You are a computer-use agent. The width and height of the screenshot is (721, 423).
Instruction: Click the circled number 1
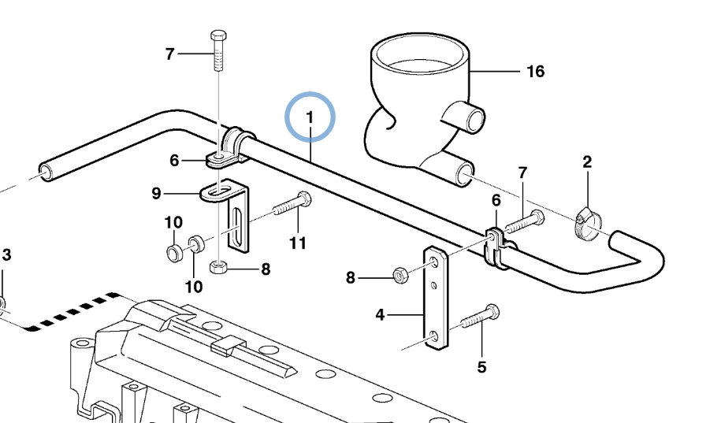(310, 117)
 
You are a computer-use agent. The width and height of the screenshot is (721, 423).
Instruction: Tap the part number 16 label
(535, 72)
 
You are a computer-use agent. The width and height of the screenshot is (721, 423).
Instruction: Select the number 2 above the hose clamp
(586, 163)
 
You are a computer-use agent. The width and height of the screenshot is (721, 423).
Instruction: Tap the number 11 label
(296, 243)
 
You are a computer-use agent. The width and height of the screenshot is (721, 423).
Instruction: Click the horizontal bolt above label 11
(292, 206)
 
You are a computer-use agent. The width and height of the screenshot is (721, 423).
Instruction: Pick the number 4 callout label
(380, 315)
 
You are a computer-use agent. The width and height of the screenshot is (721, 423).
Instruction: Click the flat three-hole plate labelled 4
(436, 299)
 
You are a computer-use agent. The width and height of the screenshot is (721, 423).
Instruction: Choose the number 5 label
(481, 366)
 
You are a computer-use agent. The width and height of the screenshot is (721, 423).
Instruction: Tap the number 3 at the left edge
(6, 254)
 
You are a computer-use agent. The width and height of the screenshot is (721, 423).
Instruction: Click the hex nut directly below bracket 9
(219, 268)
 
